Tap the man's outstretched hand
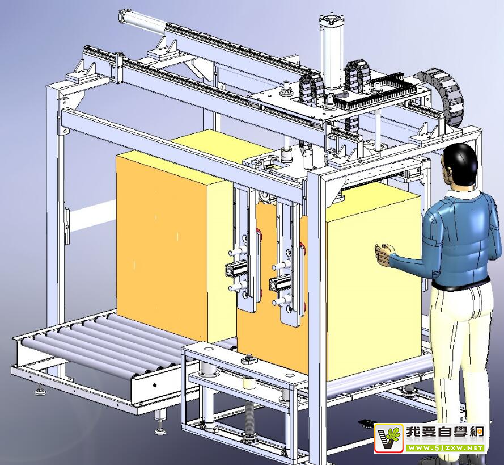[x=385, y=252]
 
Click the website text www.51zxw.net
[x=445, y=447]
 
